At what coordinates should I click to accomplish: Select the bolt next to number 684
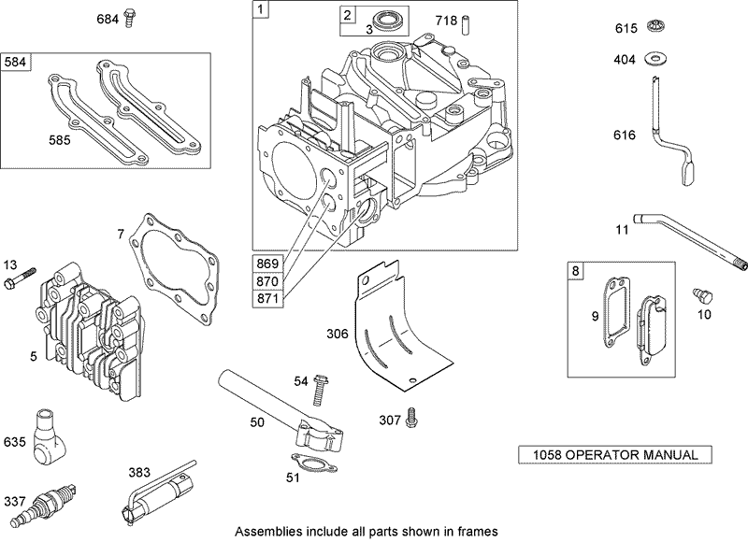130,17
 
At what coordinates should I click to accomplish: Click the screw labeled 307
410,421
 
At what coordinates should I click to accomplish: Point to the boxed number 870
266,279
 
